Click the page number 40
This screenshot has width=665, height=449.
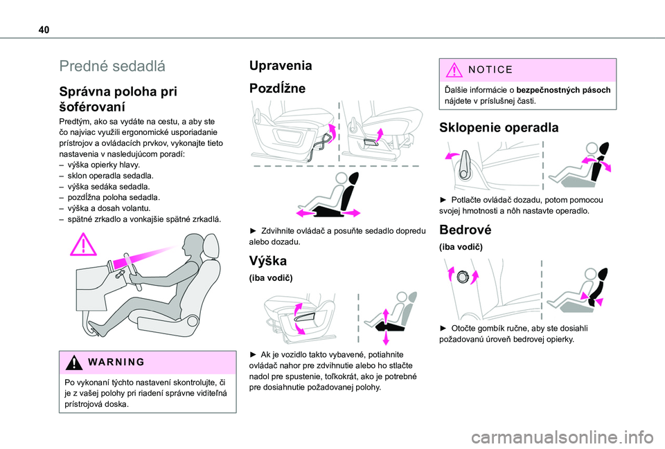(44, 30)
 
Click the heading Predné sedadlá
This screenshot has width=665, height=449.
(112, 66)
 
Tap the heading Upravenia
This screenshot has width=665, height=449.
(281, 65)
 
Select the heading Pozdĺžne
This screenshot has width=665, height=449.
(277, 88)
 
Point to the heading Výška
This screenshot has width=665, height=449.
(268, 261)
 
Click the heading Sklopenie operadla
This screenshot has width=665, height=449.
(499, 127)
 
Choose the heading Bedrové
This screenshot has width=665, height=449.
(465, 230)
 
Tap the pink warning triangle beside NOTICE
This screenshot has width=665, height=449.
(454, 69)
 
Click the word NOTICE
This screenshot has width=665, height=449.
(490, 69)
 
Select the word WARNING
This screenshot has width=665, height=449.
(116, 362)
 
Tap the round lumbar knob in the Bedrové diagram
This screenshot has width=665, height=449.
(462, 277)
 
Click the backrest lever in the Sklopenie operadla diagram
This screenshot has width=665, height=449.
(464, 165)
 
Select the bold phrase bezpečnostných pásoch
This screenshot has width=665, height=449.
(563, 90)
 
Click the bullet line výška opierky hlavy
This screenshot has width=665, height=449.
(103, 165)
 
